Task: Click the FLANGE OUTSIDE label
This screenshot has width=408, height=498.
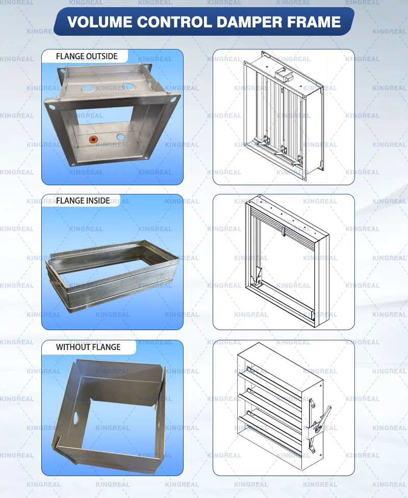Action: [87, 56]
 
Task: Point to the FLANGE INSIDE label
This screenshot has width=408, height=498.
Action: [83, 201]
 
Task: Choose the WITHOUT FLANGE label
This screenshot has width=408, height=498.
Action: [88, 347]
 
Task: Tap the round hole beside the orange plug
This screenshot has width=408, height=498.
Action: [121, 137]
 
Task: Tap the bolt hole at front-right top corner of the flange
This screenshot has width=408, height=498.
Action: [175, 95]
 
